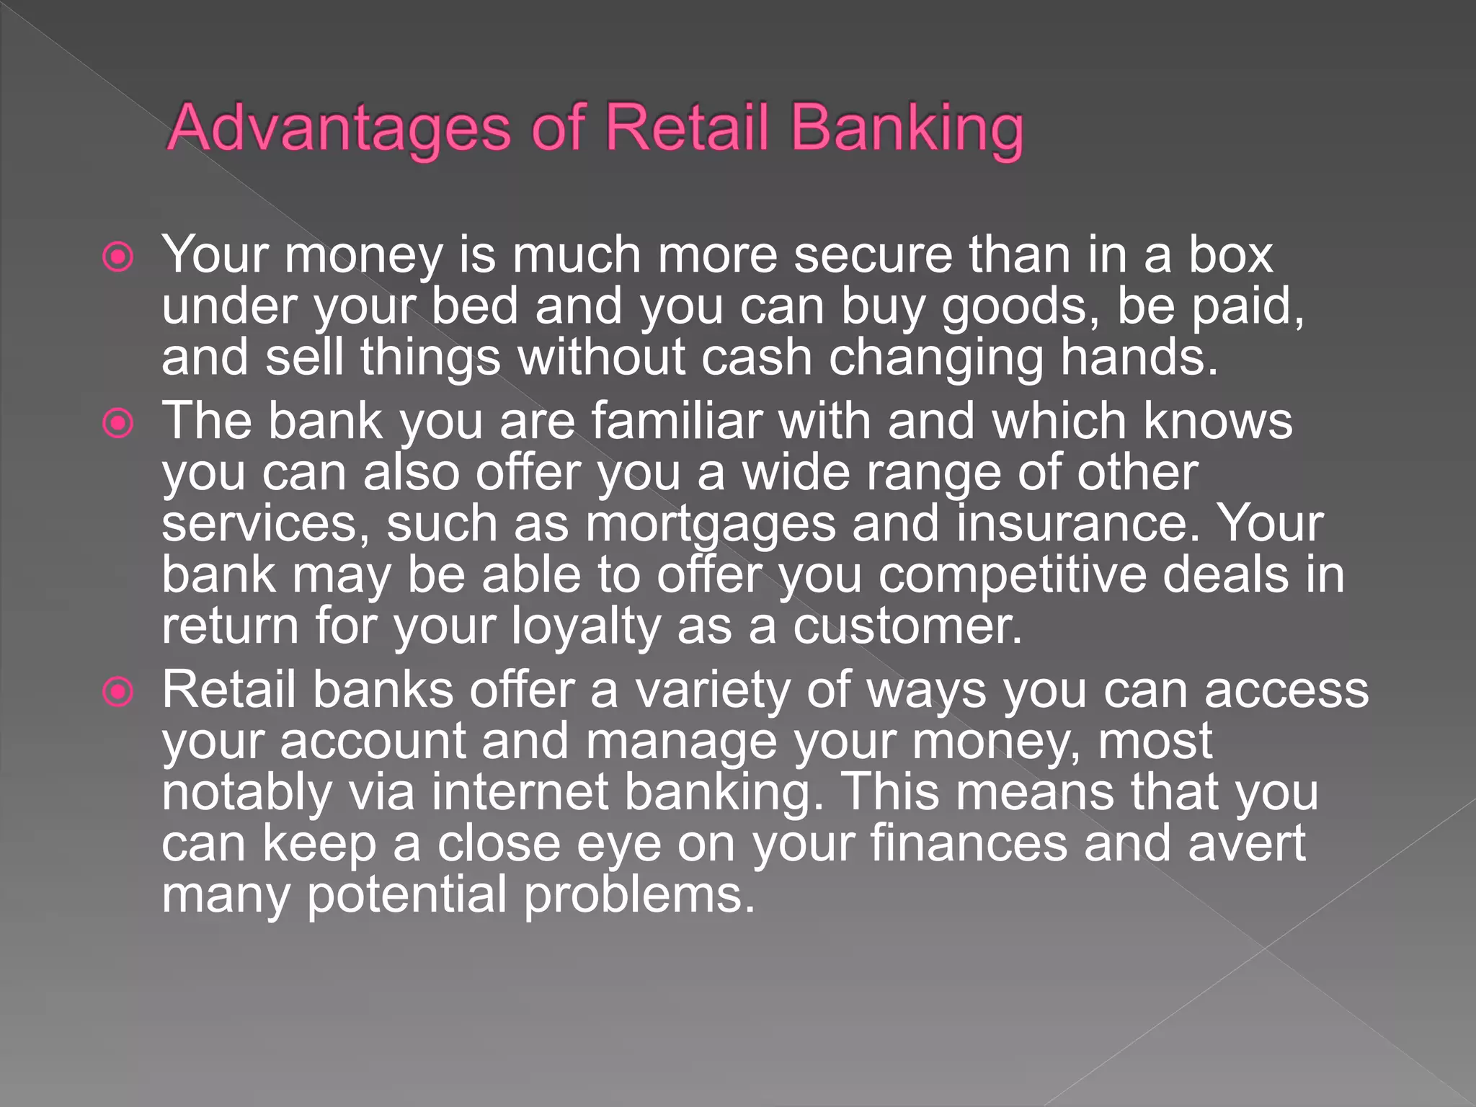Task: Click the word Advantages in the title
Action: [x=339, y=128]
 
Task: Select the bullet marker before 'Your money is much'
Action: [x=118, y=257]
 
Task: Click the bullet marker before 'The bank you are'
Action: [x=118, y=423]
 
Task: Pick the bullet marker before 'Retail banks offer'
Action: [x=118, y=692]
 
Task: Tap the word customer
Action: [x=907, y=627]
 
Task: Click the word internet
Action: [x=520, y=793]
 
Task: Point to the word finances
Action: [x=969, y=843]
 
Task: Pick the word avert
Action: [x=1246, y=843]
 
